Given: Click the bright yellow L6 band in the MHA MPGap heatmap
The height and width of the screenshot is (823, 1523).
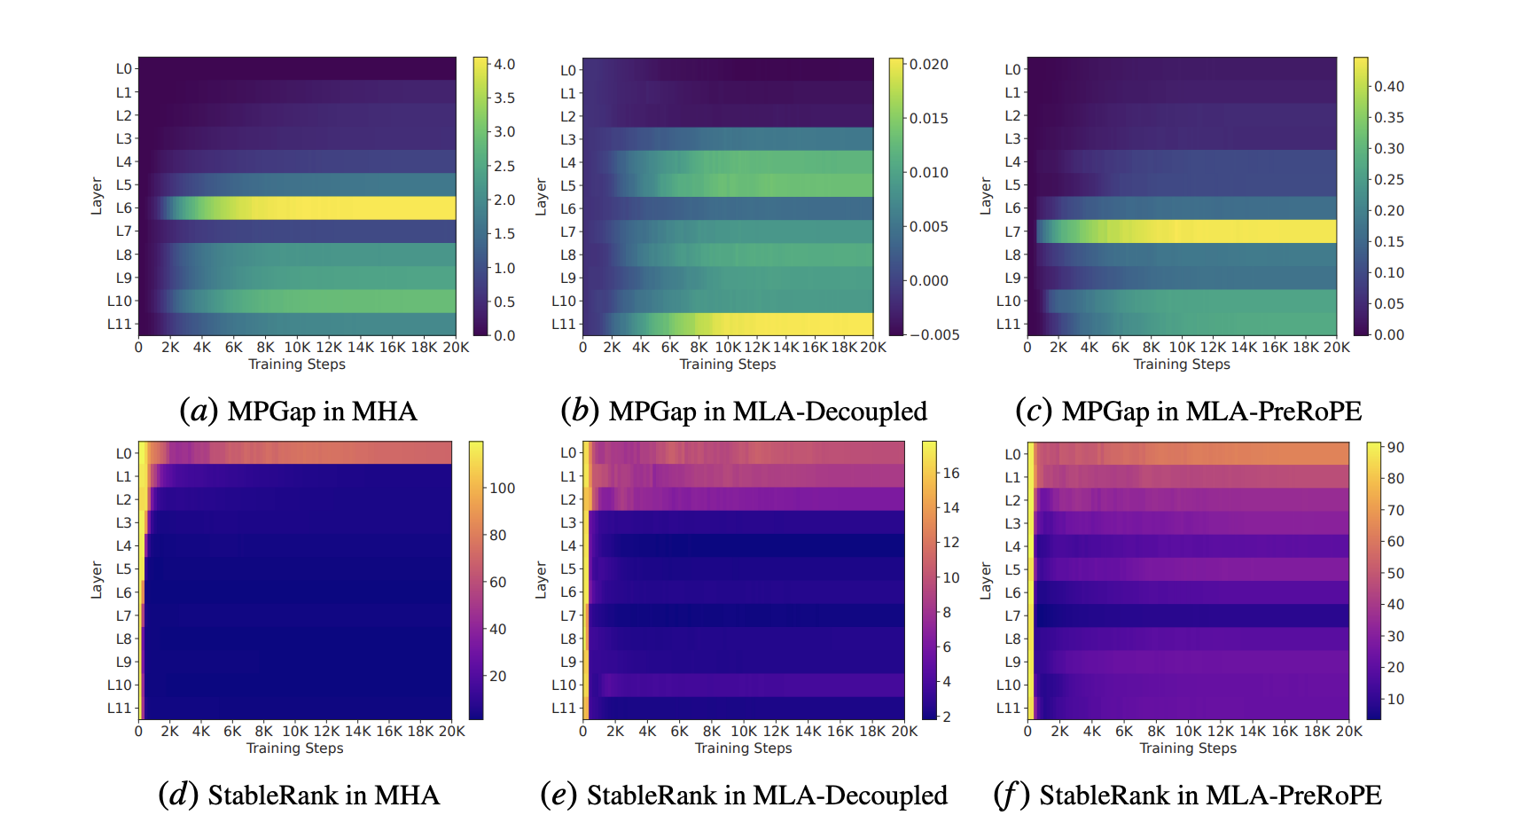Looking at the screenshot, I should click(x=355, y=208).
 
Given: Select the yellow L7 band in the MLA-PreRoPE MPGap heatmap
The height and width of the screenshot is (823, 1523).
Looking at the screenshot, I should click(x=1223, y=231).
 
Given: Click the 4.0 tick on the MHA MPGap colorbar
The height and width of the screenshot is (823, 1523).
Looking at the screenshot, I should click(x=504, y=65).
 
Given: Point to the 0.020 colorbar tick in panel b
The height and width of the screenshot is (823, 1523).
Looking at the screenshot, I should click(x=928, y=65).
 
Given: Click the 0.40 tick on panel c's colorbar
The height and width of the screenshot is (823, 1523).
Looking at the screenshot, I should click(x=1388, y=87).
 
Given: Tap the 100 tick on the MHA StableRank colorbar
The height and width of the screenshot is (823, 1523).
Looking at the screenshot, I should click(x=502, y=489).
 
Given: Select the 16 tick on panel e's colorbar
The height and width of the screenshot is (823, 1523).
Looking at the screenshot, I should click(x=950, y=474).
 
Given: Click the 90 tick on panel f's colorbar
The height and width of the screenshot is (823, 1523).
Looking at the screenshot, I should click(x=1395, y=448).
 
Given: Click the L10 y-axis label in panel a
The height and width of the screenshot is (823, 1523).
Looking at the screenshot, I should click(x=120, y=301).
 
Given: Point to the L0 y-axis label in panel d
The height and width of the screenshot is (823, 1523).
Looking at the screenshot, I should click(x=123, y=453).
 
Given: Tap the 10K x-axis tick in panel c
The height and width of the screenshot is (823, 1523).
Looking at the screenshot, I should click(x=1182, y=348).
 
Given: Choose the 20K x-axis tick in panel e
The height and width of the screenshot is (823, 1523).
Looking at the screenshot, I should click(x=904, y=732).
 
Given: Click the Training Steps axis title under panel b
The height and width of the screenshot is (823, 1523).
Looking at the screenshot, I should click(x=727, y=364).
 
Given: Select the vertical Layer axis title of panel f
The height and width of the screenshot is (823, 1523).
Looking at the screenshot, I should click(x=985, y=580).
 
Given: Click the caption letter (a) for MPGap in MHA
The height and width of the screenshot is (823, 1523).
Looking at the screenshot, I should click(x=199, y=411).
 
